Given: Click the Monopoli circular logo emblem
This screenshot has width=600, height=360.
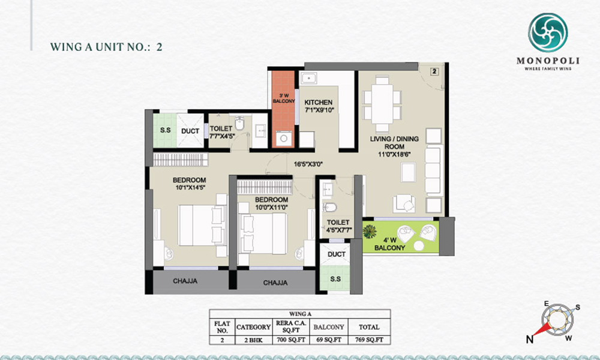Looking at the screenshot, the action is [x=548, y=32].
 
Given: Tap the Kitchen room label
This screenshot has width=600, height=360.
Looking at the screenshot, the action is [x=319, y=103].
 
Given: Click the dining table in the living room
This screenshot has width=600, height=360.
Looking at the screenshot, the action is [x=382, y=104].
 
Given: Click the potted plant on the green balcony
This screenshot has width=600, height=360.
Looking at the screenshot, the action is [x=370, y=231].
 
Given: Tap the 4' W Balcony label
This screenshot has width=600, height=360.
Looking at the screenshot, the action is [x=389, y=244].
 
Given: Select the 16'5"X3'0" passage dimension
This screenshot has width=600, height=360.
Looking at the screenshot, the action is [x=308, y=164].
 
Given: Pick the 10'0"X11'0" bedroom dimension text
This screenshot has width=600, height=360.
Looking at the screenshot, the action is [x=272, y=208].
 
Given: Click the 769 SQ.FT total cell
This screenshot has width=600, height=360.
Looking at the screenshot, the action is [x=369, y=340].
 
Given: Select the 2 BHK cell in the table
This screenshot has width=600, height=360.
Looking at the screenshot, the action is [x=253, y=340].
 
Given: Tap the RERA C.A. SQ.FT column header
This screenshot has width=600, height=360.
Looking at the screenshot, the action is [x=291, y=327].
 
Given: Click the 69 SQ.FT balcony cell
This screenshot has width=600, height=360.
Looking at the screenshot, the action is [x=329, y=340].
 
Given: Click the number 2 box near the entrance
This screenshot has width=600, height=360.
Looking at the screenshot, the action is [x=434, y=71].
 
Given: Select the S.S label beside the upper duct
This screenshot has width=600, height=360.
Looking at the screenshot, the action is [x=166, y=130].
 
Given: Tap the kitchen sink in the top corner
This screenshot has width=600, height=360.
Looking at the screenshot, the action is [x=308, y=79].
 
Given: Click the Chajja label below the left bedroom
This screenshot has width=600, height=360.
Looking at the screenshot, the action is [x=185, y=281].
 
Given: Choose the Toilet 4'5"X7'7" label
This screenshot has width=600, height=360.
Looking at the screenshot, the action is [x=338, y=226].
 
